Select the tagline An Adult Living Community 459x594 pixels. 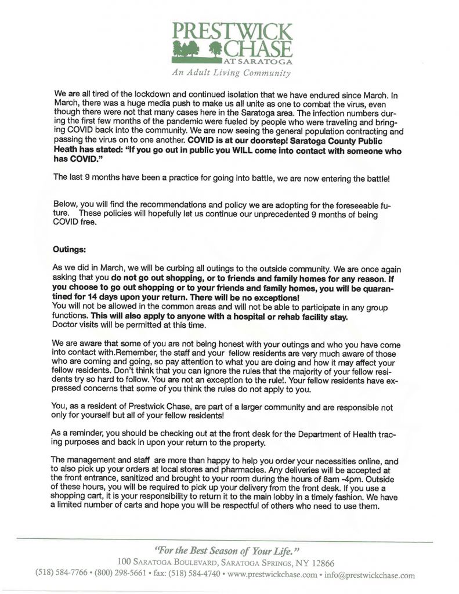[x=231, y=73]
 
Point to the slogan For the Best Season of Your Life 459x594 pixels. [x=230, y=549]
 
